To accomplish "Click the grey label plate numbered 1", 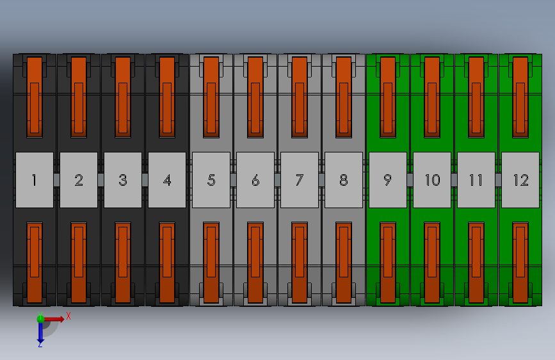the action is point(34,180).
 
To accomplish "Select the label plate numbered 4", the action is point(167,180).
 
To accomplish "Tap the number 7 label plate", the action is point(300,180).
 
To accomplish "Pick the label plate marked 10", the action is point(432,180).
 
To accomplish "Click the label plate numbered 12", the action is point(520,180).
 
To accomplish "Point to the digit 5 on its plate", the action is point(211,180).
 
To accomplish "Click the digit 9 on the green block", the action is point(387,180).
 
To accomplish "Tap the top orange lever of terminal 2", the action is point(79,97).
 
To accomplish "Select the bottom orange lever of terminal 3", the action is point(123,263).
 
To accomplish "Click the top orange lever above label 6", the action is point(255,97).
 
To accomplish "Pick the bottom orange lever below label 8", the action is point(344,263).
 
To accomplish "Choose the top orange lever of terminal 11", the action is point(476,97).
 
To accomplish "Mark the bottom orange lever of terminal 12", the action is point(520,263).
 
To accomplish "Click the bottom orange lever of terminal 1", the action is point(35,263).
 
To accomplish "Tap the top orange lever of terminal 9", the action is point(388,97).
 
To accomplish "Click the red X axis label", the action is point(68,316).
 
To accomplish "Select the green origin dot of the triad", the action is point(40,318).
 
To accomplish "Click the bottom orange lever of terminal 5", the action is point(211,263).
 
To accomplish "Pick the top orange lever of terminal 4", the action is point(167,97).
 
